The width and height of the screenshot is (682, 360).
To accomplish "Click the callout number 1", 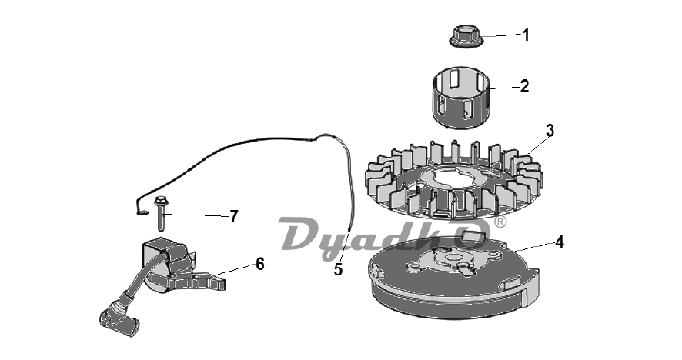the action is [526, 35].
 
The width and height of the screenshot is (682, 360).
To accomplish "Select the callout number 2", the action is [524, 86].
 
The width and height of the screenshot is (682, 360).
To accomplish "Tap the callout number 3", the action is [550, 131].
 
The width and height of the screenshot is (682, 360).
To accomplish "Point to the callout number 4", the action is [560, 242].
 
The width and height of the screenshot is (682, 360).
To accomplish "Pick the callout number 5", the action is [339, 269].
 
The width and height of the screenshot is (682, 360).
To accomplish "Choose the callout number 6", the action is [259, 264].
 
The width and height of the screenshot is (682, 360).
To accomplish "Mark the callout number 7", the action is [234, 216].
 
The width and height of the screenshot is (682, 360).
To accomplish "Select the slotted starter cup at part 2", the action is [462, 98].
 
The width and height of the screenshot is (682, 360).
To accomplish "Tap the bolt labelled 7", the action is [161, 214].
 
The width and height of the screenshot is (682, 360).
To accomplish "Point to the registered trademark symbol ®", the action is [500, 222].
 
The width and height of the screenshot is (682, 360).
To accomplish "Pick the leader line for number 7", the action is [196, 215].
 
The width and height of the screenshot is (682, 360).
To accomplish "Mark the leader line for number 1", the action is [501, 35].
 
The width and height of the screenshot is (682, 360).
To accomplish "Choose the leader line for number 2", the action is [503, 88].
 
